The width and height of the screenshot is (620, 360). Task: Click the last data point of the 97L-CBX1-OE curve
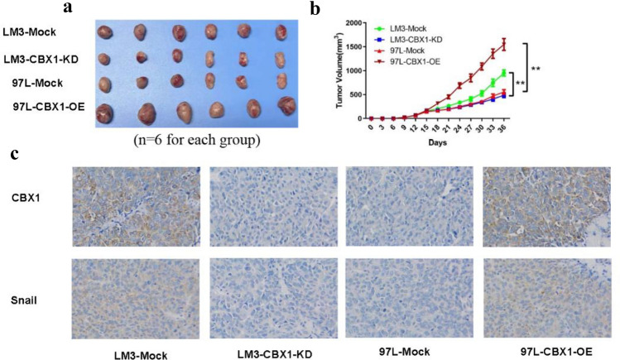pos(502,43)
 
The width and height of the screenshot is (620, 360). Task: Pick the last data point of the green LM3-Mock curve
pos(502,72)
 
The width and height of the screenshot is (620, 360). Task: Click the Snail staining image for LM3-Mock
pos(136,295)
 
